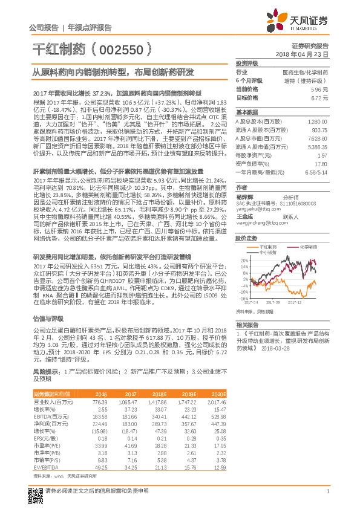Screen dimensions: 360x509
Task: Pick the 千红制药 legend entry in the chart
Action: coord(269,248)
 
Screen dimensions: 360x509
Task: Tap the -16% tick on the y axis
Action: coord(243,298)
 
